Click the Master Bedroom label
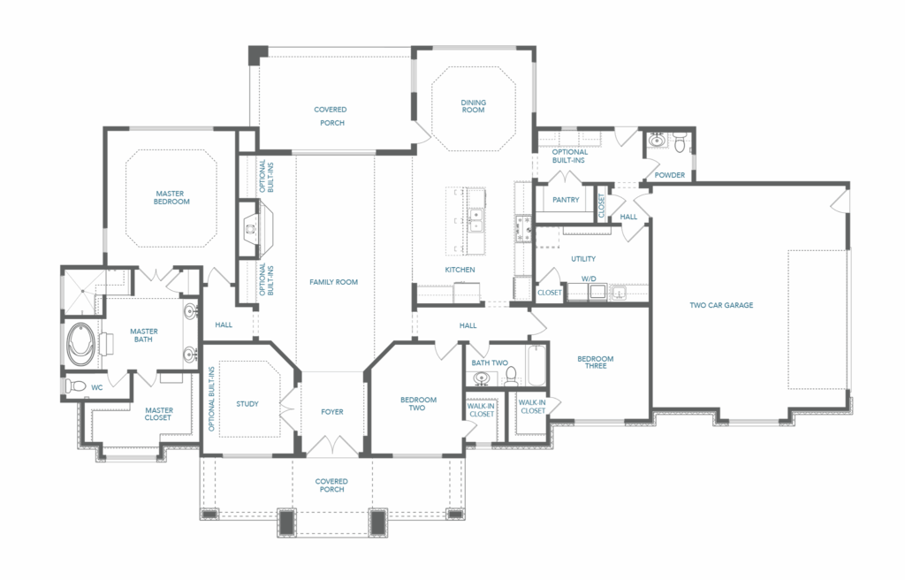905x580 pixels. point(171,197)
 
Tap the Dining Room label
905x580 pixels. point(474,106)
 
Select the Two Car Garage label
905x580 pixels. point(721,305)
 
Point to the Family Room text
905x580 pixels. point(333,282)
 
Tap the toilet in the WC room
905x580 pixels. point(74,385)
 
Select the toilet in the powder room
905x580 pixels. point(680,141)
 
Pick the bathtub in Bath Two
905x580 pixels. point(536,365)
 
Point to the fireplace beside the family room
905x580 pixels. point(251,228)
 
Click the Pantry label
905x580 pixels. point(566,200)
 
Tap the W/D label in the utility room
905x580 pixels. point(589,279)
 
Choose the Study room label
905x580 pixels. point(247,404)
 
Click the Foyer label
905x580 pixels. point(332,412)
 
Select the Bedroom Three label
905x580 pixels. point(596,362)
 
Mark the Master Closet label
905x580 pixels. point(158,414)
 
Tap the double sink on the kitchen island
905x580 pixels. point(476,220)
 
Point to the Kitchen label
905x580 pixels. point(460,270)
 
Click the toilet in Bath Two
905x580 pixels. point(510,378)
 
